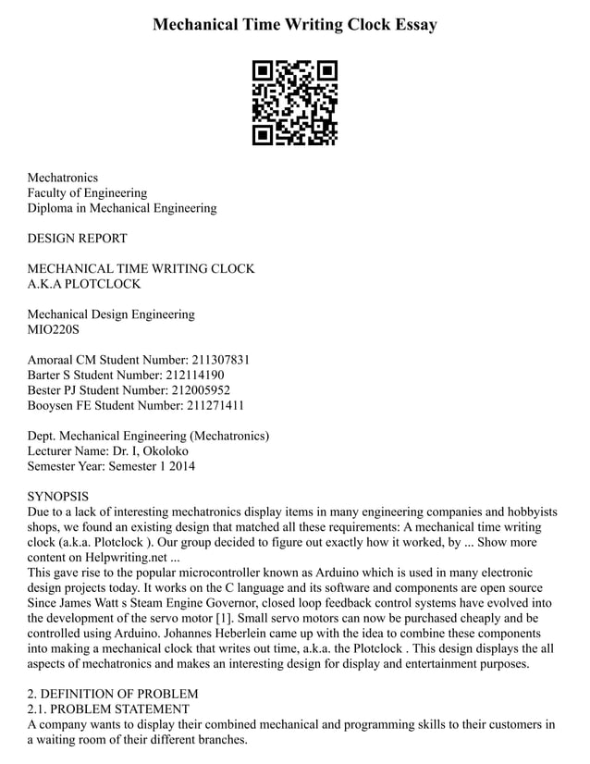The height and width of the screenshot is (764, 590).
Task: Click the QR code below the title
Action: coord(294,103)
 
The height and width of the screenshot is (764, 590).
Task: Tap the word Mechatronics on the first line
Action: coord(62,178)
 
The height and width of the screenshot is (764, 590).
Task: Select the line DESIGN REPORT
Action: coord(77,239)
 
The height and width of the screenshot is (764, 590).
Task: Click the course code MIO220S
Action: coord(54,329)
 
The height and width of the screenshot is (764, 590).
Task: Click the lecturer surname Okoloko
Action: coord(164,451)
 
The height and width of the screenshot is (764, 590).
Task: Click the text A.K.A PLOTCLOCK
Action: coord(83,284)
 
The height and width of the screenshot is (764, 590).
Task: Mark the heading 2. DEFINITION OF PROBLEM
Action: coord(113,694)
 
